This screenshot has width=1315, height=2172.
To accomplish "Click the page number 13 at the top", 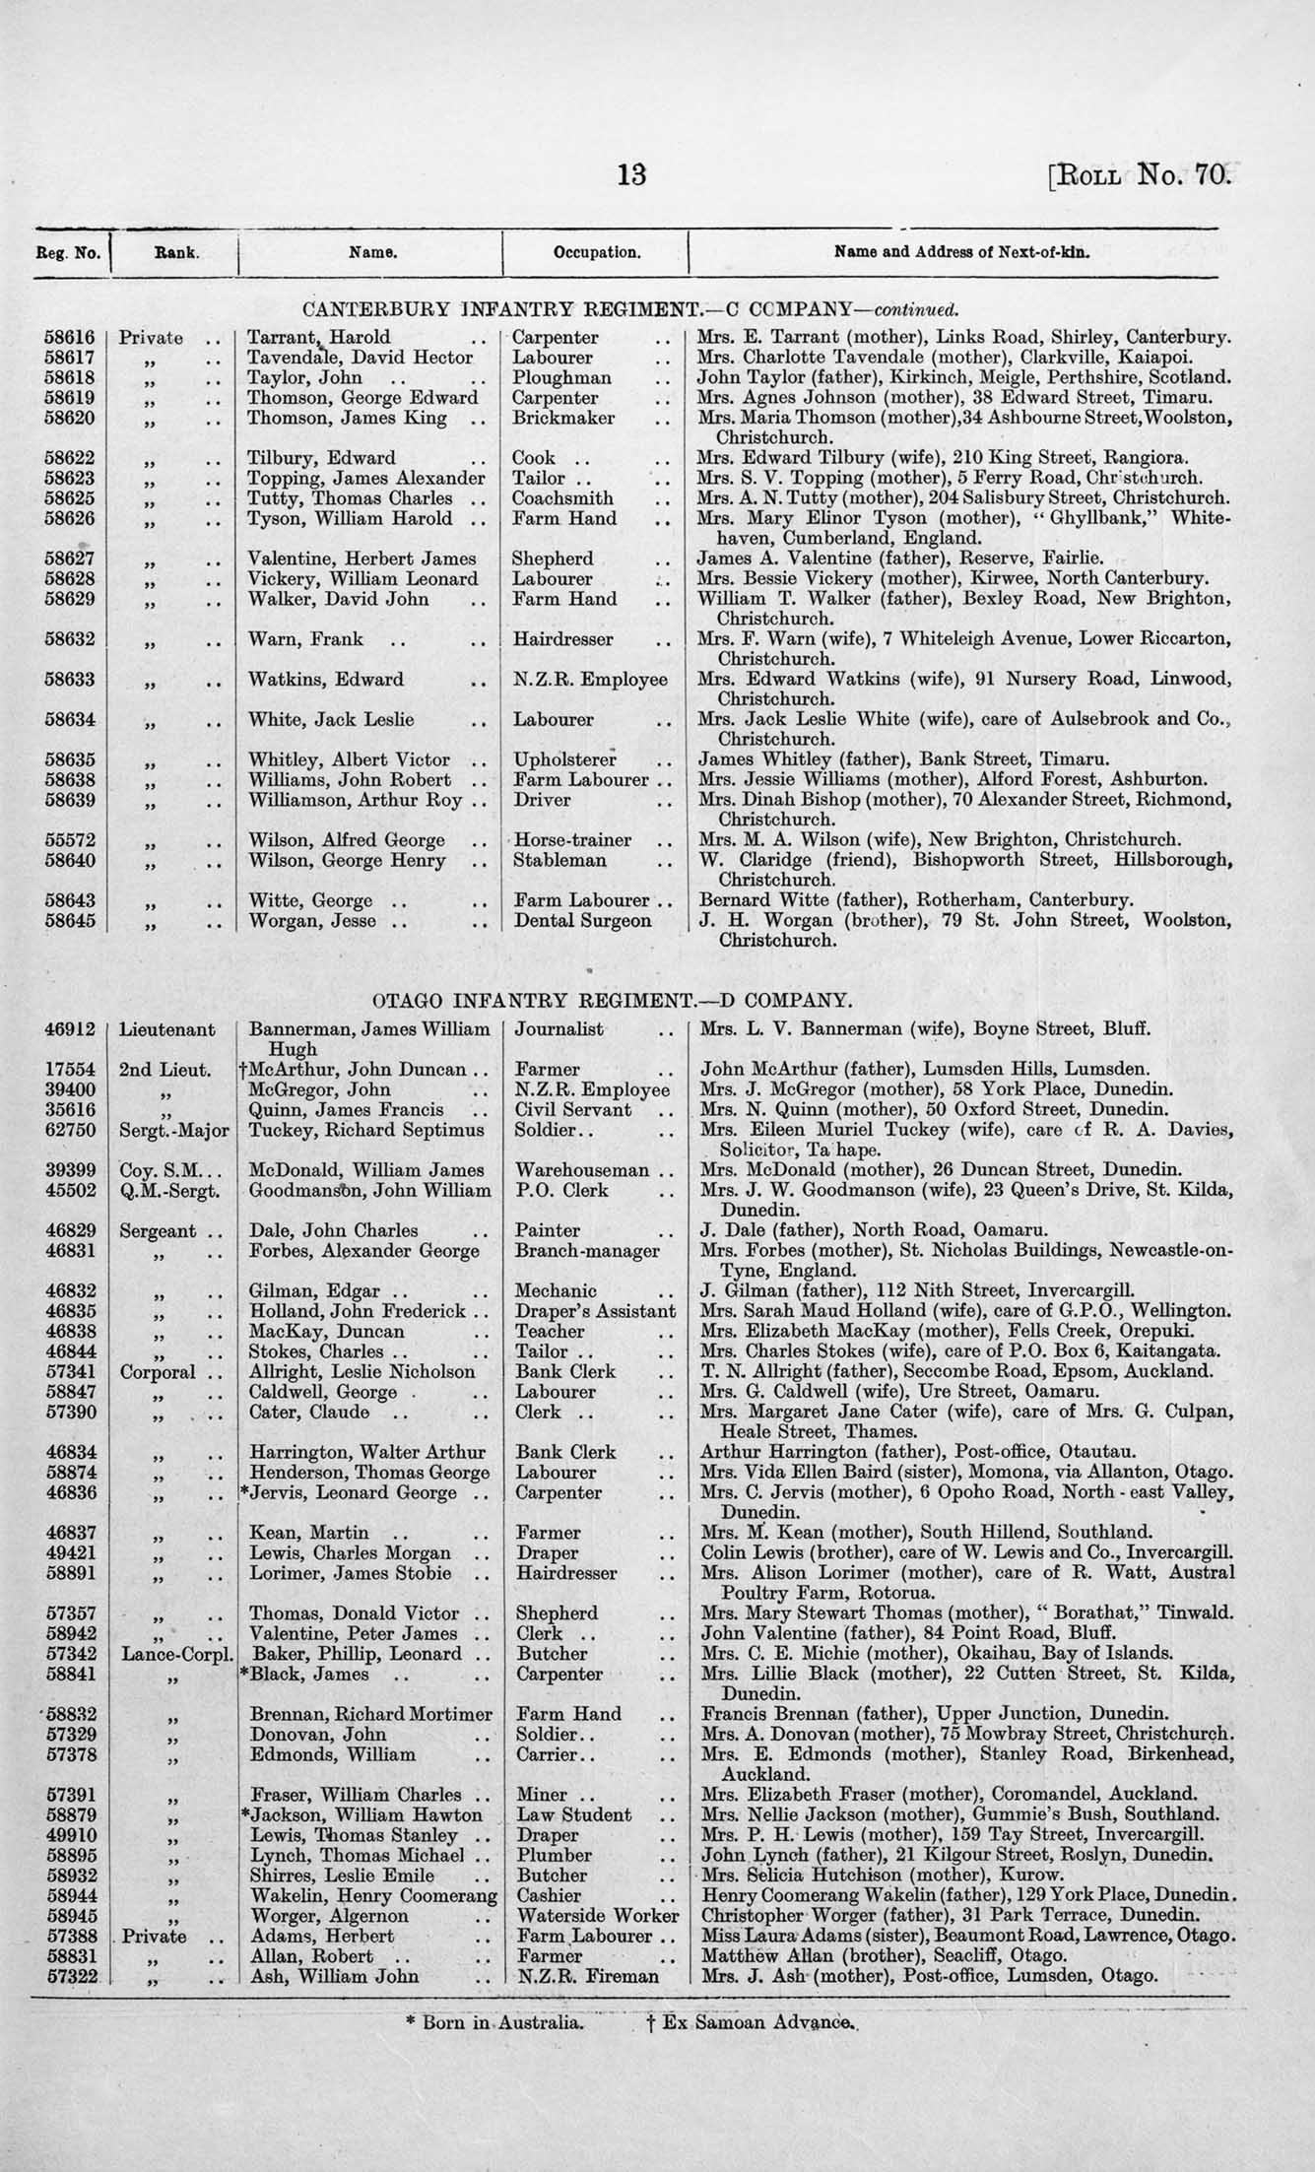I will click(631, 175).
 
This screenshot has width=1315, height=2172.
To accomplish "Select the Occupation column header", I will click(597, 252).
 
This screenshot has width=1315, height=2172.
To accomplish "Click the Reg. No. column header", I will click(68, 253).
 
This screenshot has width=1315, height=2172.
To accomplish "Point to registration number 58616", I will click(68, 337).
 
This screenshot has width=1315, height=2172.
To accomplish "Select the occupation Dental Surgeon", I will click(582, 921).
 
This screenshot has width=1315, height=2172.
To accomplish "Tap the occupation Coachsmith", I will click(564, 498).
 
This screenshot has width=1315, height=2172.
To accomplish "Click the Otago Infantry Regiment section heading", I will click(611, 1001).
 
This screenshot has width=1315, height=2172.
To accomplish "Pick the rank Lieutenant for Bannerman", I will click(166, 1029).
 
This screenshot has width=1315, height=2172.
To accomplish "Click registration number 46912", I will click(70, 1029).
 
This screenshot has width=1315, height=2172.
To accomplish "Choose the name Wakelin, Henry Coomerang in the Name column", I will click(373, 1895).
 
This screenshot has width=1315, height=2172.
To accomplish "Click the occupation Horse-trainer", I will click(572, 840).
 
